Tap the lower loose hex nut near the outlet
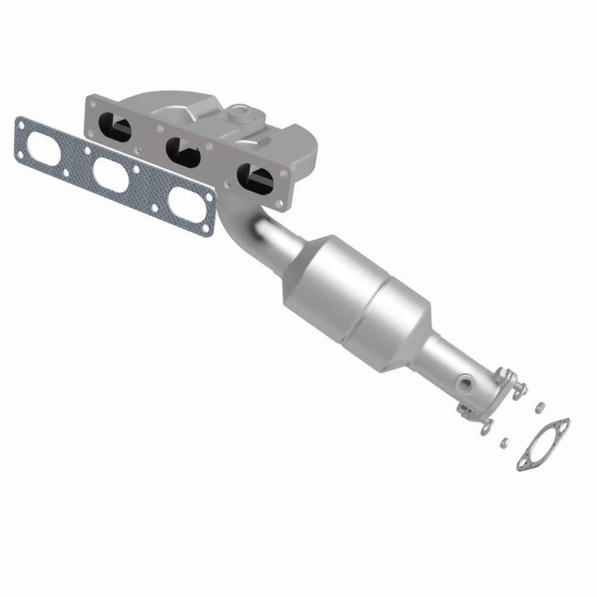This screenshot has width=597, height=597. (504, 442)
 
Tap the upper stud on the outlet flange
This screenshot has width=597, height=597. (518, 389)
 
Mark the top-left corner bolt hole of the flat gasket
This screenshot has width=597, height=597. (21, 125)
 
